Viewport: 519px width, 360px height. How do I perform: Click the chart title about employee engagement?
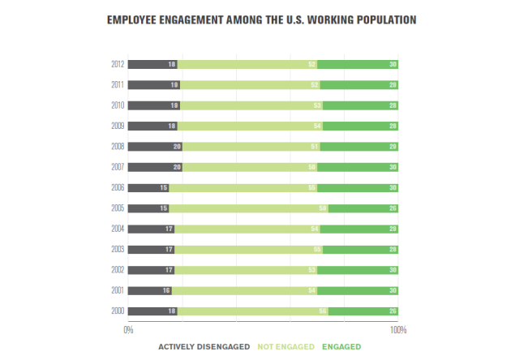(259, 17)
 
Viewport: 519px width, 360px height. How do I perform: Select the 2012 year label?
(118, 64)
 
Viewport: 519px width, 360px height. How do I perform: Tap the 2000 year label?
(118, 311)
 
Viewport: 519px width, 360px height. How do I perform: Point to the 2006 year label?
(118, 187)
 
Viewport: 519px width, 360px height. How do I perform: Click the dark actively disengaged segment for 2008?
(155, 147)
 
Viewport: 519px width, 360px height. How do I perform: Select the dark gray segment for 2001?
(150, 290)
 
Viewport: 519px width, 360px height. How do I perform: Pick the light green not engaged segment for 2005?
(248, 208)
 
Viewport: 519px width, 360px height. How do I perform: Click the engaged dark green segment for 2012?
(358, 64)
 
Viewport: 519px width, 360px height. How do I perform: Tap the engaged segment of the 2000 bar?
(363, 311)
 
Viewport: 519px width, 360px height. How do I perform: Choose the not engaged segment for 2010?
(251, 105)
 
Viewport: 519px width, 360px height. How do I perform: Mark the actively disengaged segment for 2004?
(151, 229)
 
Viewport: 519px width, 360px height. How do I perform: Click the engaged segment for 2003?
(361, 250)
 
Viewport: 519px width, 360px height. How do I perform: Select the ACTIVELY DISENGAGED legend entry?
(204, 347)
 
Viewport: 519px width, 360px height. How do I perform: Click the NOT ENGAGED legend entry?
(285, 347)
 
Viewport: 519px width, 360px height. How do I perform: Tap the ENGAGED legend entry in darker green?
(341, 347)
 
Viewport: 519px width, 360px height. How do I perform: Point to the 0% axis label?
(128, 330)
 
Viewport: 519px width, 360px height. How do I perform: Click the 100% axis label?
(398, 330)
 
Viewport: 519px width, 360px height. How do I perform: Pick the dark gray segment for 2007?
(155, 167)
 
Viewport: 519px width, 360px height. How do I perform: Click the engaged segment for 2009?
(361, 126)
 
